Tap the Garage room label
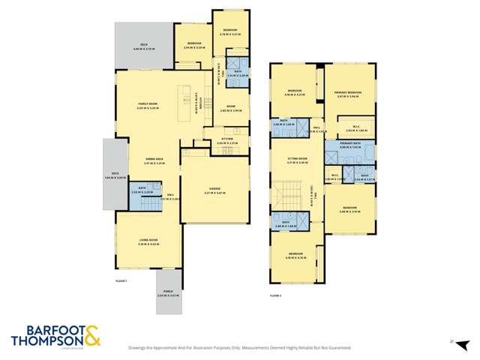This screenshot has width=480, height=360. coord(215,189)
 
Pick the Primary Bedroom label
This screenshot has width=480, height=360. coord(349,92)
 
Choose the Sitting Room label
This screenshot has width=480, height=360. coord(298,159)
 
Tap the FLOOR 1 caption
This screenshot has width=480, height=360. coord(121,280)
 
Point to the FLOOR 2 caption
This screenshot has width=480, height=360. coord(276,295)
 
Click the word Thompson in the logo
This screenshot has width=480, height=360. coord(46,341)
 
